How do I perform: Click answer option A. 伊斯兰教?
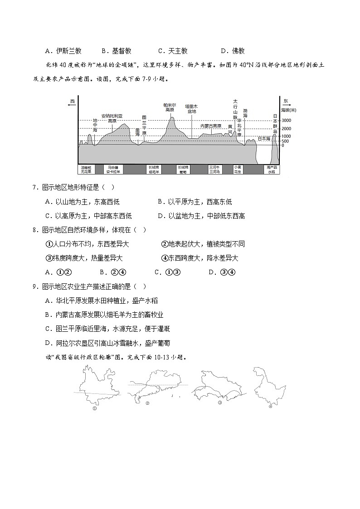coord(63,51)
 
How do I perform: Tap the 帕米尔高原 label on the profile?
coord(170,107)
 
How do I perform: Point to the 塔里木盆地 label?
coord(191,109)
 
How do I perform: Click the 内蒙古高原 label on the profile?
coord(211,126)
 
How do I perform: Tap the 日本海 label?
coord(264,138)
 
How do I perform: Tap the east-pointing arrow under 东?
coord(286,105)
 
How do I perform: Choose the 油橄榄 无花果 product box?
coord(86,170)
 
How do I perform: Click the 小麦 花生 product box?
coord(238,170)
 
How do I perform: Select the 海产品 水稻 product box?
coord(271,170)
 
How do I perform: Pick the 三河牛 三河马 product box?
coord(214,170)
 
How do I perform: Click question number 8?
coord(34,230)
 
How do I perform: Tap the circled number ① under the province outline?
coord(95,408)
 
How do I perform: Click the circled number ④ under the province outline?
coord(270,407)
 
